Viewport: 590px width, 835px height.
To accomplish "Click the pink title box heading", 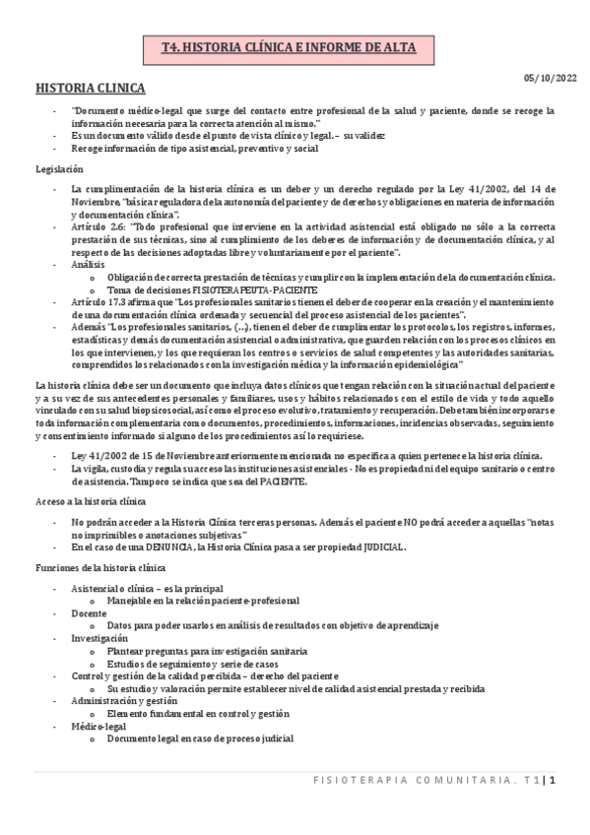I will point(294,47).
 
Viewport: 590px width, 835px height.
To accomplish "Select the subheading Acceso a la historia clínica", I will point(91,501).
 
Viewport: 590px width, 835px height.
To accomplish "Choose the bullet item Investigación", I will point(100,638).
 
